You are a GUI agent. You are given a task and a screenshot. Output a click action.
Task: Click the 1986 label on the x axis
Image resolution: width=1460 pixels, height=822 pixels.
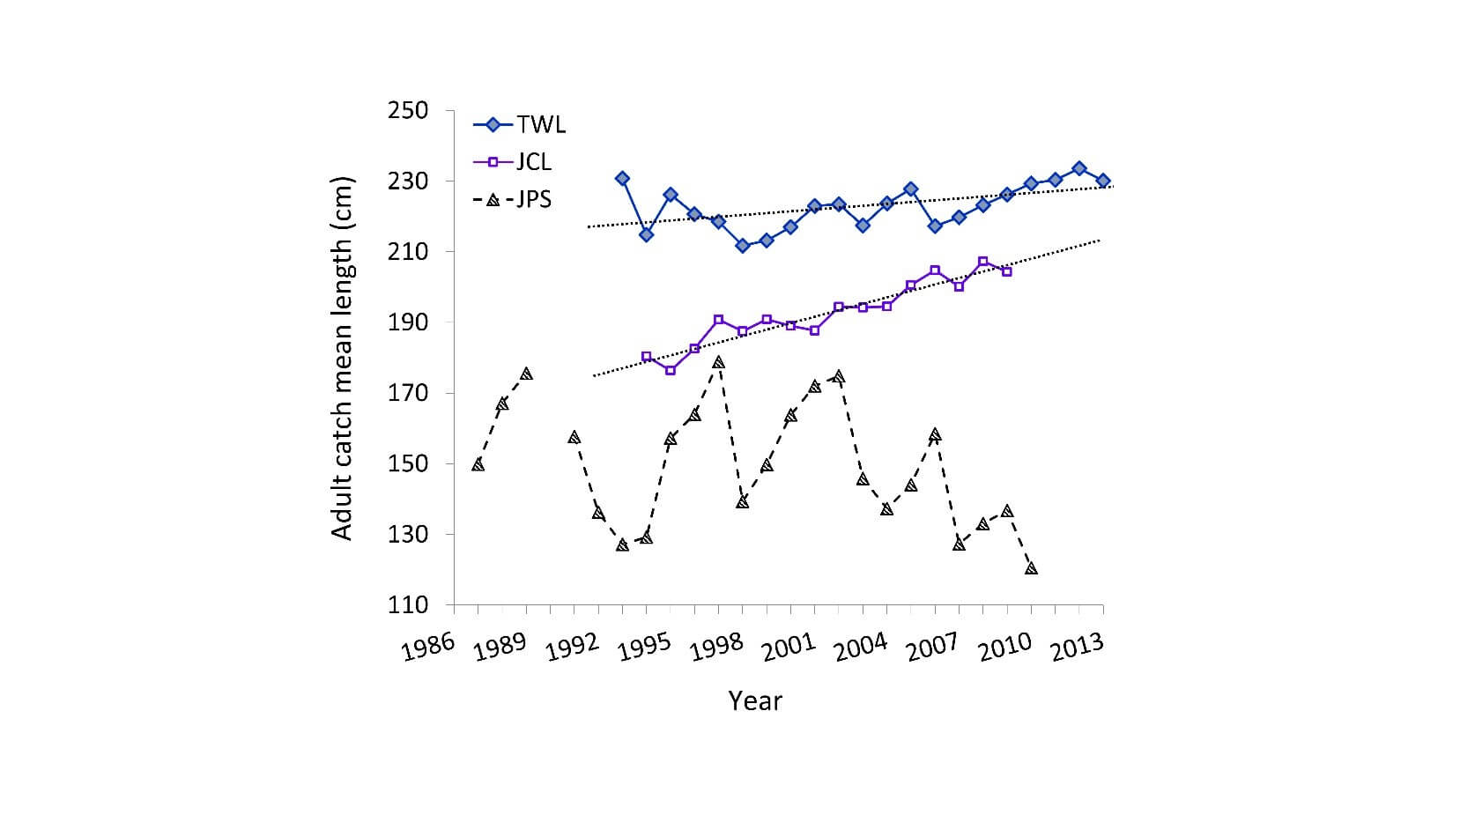click(x=428, y=647)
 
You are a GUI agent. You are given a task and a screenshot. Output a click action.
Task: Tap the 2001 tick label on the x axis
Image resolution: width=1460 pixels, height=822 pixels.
click(x=789, y=647)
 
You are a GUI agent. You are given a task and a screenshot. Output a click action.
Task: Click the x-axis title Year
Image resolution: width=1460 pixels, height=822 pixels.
click(x=755, y=701)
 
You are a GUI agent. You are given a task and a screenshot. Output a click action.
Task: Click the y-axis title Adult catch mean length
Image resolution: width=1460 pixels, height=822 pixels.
click(x=342, y=359)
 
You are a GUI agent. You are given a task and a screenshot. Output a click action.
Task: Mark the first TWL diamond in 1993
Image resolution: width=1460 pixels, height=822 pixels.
click(x=622, y=179)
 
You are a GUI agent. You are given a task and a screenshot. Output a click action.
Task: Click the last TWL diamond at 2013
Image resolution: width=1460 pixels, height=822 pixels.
click(x=1102, y=181)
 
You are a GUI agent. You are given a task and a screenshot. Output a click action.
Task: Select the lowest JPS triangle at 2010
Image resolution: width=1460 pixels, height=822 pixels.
click(x=1031, y=569)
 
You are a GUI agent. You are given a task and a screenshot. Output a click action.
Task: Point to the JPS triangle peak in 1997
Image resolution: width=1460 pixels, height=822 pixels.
click(x=718, y=362)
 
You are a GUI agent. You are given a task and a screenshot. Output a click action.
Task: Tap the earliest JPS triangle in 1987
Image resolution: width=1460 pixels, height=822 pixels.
click(x=478, y=465)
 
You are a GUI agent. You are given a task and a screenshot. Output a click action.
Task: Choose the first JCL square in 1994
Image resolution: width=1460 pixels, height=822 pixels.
click(x=646, y=357)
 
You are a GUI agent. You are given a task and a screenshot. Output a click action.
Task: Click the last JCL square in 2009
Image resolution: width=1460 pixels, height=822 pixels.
click(x=1007, y=271)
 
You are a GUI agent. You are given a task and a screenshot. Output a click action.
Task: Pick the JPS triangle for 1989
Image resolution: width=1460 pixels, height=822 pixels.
click(x=526, y=374)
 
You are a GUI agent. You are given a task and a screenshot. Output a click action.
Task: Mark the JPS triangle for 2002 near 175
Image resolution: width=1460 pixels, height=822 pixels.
click(x=838, y=376)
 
